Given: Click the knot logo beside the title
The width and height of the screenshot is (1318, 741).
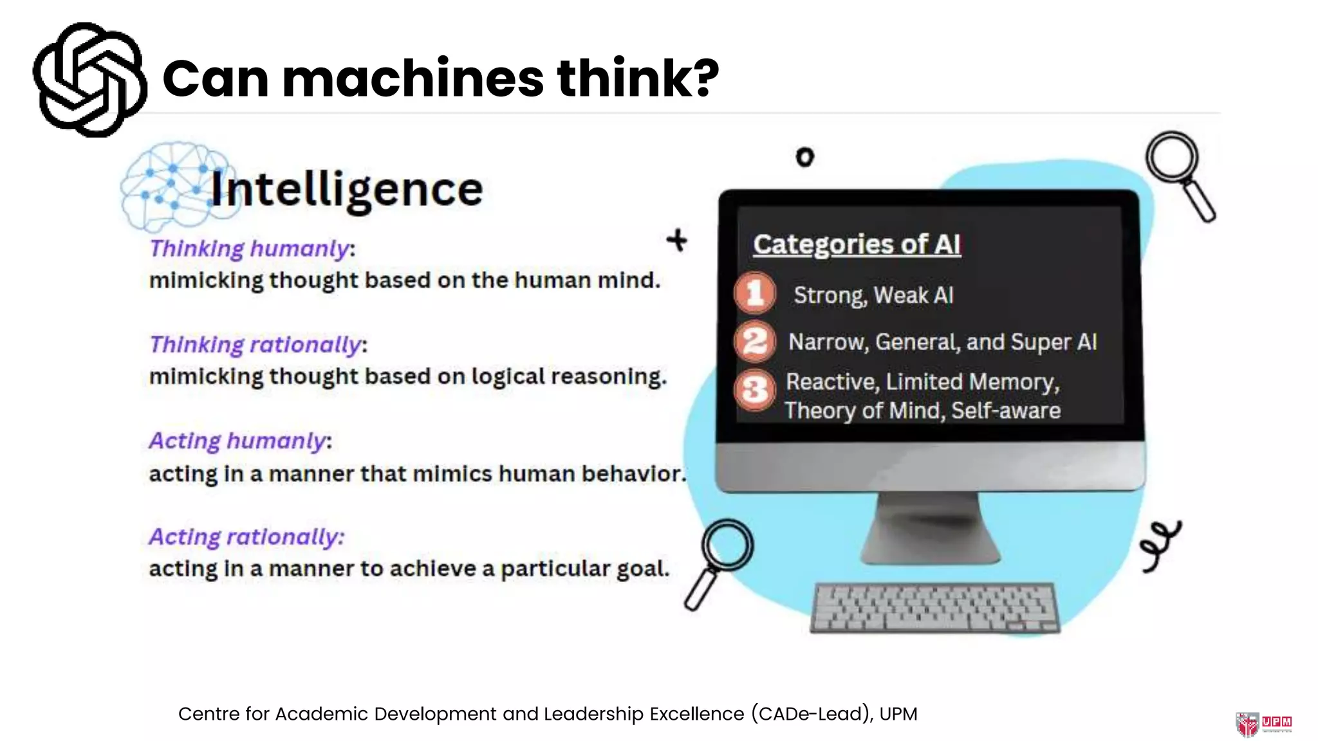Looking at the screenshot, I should (89, 80).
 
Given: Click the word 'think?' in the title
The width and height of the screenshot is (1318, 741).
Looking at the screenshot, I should (637, 78).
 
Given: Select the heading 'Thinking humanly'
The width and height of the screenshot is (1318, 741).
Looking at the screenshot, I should (250, 248).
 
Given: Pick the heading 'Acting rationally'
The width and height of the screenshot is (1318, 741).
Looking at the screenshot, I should (246, 536).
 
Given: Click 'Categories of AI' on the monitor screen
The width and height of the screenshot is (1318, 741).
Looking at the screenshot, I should (857, 244).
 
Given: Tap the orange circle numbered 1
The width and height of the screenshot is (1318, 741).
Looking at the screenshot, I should (755, 293).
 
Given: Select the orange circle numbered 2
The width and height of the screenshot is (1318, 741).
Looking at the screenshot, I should (755, 341).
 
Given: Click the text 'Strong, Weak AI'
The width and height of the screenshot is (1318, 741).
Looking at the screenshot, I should (873, 295).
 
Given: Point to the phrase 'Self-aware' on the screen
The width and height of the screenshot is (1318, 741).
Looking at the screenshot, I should (1006, 410).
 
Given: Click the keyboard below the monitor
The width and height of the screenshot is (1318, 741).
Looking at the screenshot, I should (934, 607).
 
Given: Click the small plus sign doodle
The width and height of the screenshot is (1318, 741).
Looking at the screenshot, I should (677, 241).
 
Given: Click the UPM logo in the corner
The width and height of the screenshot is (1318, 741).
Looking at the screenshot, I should (1263, 723).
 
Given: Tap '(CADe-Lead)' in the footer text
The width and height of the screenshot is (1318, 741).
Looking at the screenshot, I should (812, 714).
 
